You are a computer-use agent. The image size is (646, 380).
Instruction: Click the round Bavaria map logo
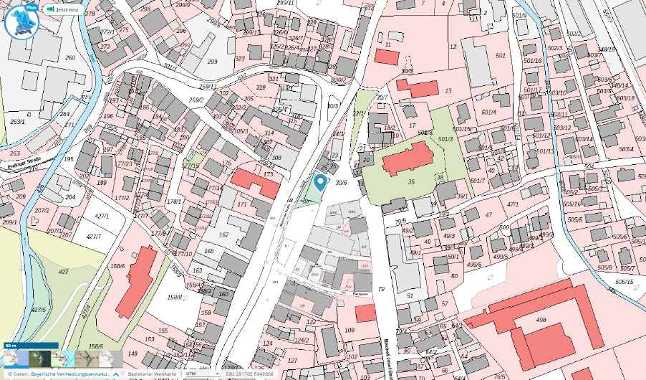click(19, 21)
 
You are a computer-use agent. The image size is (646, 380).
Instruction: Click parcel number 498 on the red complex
click(541, 320)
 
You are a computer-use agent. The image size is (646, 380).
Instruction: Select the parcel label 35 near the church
click(411, 181)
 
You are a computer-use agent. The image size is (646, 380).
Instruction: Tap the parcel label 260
click(70, 58)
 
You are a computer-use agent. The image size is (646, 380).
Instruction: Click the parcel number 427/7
click(94, 236)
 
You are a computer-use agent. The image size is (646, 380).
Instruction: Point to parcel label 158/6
click(117, 266)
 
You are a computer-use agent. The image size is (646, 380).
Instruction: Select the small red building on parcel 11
click(384, 57)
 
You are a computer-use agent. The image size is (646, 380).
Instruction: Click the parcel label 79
click(381, 289)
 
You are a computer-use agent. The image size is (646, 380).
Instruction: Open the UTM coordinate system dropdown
click(201, 374)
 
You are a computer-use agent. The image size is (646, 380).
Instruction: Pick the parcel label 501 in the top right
click(501, 55)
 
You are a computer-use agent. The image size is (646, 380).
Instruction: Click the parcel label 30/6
click(341, 182)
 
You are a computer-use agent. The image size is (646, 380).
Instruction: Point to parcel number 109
click(349, 330)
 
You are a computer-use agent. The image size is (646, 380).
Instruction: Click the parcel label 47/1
click(513, 204)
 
